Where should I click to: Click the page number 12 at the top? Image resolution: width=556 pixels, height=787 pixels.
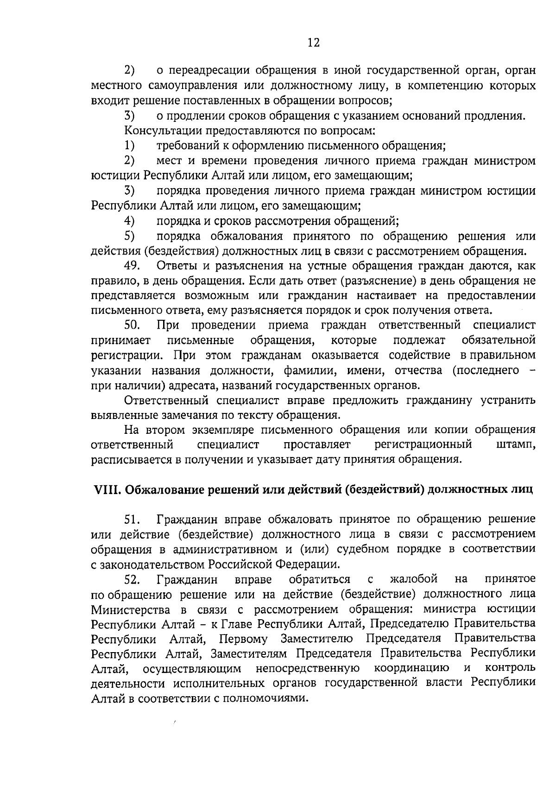(313, 43)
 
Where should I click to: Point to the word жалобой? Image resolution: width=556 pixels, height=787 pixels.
(414, 579)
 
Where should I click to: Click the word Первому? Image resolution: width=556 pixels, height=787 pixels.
(244, 639)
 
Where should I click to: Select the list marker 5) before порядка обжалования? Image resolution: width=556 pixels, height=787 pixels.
(129, 236)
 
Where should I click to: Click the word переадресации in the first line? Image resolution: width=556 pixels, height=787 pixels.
(206, 71)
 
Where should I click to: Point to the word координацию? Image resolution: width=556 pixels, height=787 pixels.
(411, 668)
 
